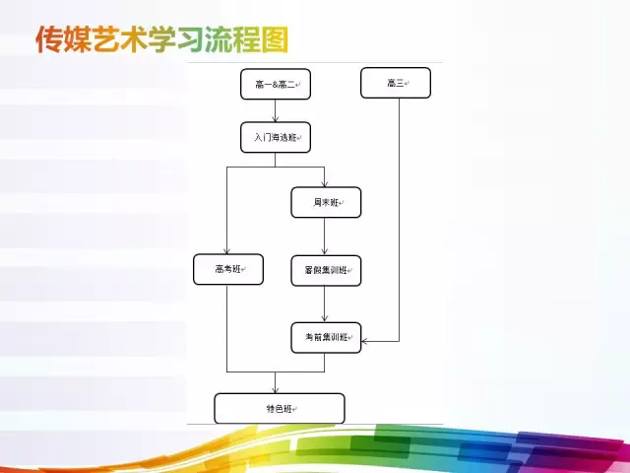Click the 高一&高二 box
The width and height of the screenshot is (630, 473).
click(x=275, y=84)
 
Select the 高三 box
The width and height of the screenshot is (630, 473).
click(x=396, y=83)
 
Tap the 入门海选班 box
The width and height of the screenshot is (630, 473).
click(x=275, y=137)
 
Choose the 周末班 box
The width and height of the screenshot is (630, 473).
click(x=326, y=202)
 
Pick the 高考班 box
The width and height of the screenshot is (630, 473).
click(x=227, y=270)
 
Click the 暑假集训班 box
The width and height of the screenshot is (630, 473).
click(x=326, y=270)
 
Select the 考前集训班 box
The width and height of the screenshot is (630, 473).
click(x=326, y=337)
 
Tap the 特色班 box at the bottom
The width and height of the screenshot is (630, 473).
click(x=280, y=408)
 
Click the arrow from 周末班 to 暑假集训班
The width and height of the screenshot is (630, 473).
click(x=326, y=236)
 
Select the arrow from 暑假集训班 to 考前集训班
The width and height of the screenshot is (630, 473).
click(x=326, y=304)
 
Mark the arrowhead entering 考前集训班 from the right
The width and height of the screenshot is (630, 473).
click(x=366, y=341)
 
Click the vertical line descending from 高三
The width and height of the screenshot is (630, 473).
click(x=400, y=217)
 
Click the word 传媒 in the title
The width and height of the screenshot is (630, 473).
click(x=63, y=40)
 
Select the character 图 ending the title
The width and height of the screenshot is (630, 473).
click(x=276, y=40)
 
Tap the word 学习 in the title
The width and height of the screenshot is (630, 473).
click(x=171, y=40)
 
